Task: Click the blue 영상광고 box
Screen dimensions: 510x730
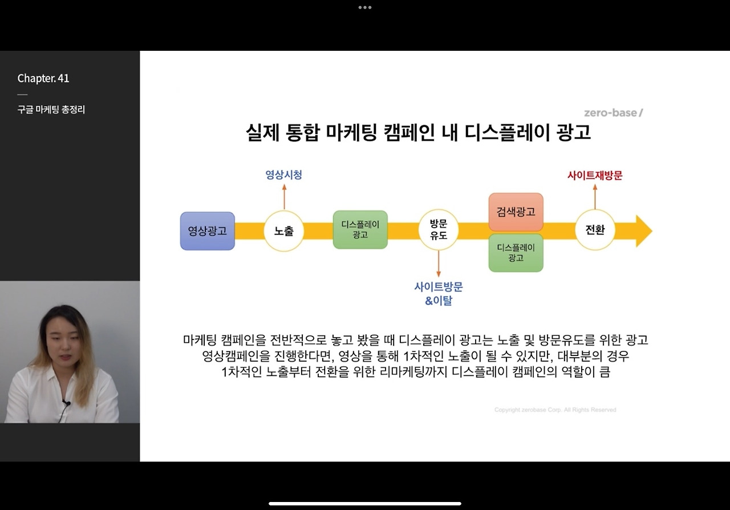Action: (x=208, y=231)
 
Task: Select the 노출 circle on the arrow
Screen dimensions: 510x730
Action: (x=283, y=231)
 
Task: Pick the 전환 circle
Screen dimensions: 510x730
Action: (x=595, y=230)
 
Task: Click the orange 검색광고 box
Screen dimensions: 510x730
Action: (x=516, y=212)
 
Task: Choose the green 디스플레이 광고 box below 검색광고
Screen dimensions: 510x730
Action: (x=516, y=253)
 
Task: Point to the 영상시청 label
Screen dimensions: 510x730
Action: (x=283, y=175)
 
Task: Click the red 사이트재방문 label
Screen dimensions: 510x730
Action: (x=595, y=176)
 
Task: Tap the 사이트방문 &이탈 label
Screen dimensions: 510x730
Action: (x=439, y=293)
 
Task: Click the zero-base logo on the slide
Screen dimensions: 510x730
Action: (x=613, y=112)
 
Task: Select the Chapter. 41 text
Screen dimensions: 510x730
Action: (x=43, y=79)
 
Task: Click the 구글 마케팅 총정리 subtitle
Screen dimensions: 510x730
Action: (x=51, y=110)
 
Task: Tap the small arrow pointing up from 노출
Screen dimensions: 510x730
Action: (x=283, y=196)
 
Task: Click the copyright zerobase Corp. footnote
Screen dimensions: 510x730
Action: (x=555, y=410)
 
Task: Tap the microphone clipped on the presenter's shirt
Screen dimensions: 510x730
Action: (x=66, y=403)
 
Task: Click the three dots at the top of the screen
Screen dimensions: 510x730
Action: (x=365, y=7)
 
